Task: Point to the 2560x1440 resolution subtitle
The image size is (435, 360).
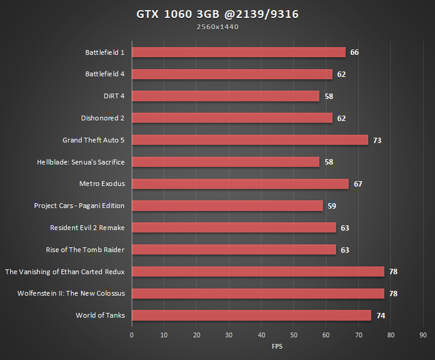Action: coord(217,27)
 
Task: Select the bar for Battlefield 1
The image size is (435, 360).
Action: coord(238,52)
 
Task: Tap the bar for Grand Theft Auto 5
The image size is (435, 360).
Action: coord(250,140)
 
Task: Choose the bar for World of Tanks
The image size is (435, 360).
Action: coord(251,315)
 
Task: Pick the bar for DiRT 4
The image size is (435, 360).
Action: coord(225,96)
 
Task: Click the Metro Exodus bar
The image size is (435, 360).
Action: coord(240,184)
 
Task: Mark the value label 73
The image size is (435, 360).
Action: coord(377,141)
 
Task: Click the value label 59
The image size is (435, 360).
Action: coord(331,206)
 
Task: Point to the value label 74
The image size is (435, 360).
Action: coord(380,316)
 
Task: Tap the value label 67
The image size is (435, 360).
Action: coord(358,184)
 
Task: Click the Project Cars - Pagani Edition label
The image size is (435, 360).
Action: coord(79,206)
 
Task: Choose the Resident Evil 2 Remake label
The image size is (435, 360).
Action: coord(88,228)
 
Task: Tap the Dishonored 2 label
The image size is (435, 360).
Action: coord(102,118)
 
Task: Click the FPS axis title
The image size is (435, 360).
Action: coord(277,346)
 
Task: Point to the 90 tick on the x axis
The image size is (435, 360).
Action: coord(423,335)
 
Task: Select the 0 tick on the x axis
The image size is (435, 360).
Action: coord(132,335)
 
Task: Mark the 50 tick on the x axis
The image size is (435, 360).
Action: coord(294,335)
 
